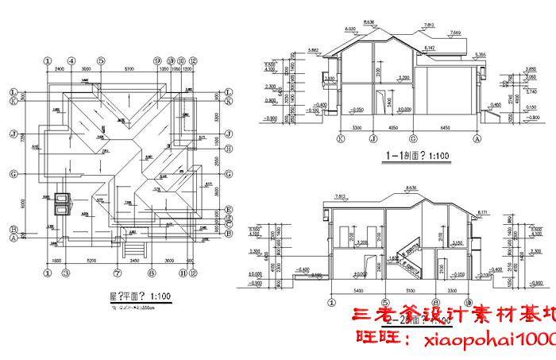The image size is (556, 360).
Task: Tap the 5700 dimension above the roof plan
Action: (129, 69)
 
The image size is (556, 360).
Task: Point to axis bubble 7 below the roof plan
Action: (117, 273)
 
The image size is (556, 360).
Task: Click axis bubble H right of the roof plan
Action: (227, 149)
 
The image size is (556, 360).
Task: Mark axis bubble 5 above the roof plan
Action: (101, 60)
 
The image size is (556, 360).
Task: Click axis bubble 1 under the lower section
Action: (330, 302)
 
